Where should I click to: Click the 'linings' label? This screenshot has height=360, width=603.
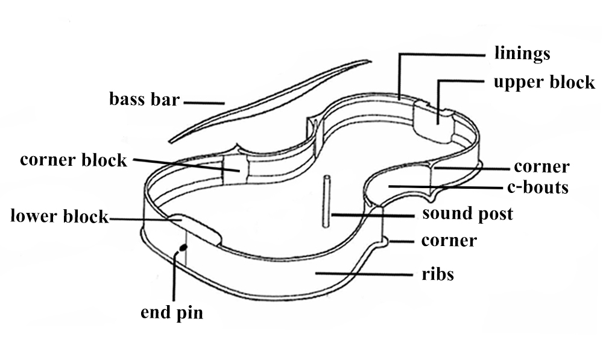522,53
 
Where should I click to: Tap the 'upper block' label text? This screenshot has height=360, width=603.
544,83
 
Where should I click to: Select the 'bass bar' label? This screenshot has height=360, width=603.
144,98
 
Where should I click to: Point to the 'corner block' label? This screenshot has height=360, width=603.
74,160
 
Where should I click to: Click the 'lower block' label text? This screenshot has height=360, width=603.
59,216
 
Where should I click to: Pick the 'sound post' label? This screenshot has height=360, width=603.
467,213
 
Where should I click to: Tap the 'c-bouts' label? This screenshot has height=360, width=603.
536,187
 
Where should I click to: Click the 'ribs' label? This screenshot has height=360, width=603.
438,275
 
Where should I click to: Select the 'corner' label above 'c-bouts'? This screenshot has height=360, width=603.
541,166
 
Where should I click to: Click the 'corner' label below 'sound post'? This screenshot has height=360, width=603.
449,241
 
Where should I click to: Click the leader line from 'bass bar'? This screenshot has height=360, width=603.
204,103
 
